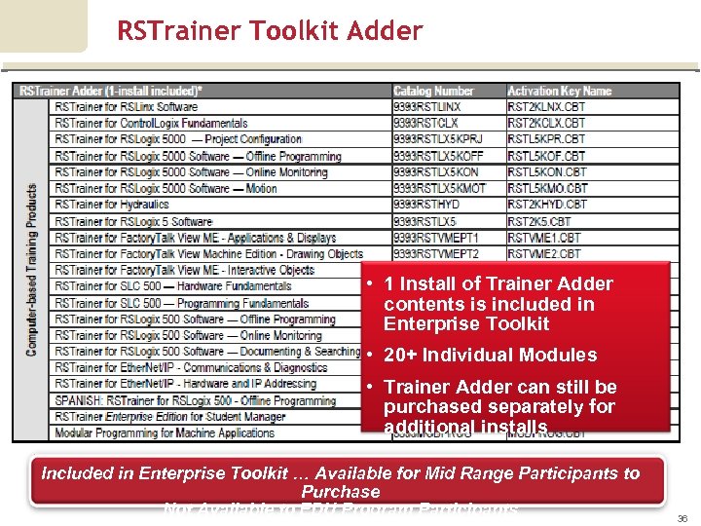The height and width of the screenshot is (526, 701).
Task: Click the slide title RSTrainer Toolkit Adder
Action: click(270, 31)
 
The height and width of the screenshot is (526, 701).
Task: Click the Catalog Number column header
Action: click(433, 91)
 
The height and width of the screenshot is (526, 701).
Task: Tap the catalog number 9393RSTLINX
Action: click(427, 107)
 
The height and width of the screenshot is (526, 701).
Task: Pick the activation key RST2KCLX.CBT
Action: click(546, 124)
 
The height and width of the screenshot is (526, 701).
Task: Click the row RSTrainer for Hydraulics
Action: click(112, 205)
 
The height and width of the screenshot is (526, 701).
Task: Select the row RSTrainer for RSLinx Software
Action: click(127, 107)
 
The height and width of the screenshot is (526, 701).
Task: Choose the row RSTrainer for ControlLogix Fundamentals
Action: click(151, 124)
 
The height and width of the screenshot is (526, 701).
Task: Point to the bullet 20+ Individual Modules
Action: click(491, 356)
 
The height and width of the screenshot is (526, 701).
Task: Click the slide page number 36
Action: click(682, 519)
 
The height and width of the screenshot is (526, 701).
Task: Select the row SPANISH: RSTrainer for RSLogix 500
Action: click(195, 400)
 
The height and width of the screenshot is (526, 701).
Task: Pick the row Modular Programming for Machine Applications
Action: click(165, 433)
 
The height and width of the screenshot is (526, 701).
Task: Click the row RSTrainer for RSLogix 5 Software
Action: click(133, 221)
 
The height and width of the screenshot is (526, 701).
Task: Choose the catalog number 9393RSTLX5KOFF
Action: click(438, 156)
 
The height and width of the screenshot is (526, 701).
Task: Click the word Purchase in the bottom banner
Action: click(341, 492)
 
